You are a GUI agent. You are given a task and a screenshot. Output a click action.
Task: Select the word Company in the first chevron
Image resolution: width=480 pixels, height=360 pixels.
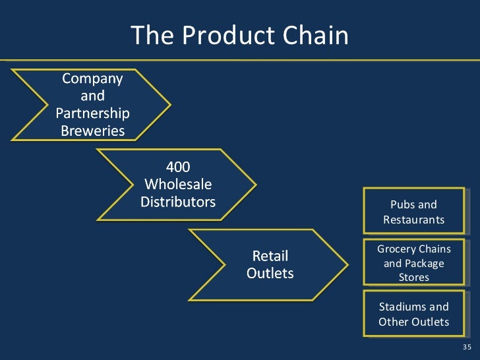(x=92, y=78)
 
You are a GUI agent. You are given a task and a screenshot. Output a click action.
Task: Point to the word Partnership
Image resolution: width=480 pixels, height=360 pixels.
(x=92, y=113)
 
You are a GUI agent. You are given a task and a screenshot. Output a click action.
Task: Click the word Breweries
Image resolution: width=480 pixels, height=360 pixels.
(x=92, y=131)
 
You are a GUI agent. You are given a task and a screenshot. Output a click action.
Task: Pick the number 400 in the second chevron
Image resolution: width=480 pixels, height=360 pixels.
(x=178, y=167)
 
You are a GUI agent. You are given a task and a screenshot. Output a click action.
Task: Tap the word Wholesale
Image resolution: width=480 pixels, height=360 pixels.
(x=178, y=184)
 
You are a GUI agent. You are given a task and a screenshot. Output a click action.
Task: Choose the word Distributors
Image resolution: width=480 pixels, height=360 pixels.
(x=178, y=201)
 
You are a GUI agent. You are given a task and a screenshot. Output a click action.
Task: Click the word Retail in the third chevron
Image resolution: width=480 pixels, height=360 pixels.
(x=270, y=255)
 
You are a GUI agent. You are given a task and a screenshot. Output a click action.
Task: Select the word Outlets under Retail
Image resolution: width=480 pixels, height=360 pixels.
(x=270, y=272)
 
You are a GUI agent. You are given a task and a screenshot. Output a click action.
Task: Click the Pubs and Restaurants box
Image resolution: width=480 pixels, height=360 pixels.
(x=413, y=212)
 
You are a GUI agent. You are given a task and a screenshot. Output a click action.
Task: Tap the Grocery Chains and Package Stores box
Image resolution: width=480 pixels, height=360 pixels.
(x=413, y=262)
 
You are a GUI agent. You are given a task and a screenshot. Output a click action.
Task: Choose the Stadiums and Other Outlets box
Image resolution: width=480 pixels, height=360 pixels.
(x=413, y=314)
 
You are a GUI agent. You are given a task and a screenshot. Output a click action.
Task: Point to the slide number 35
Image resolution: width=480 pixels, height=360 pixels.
(x=467, y=347)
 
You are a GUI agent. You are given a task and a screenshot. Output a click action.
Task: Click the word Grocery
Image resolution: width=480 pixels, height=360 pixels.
(x=396, y=249)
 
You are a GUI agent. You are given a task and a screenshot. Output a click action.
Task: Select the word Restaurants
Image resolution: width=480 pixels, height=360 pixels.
(x=414, y=220)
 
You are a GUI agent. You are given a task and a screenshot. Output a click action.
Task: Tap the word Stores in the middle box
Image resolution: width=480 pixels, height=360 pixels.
(x=414, y=277)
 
